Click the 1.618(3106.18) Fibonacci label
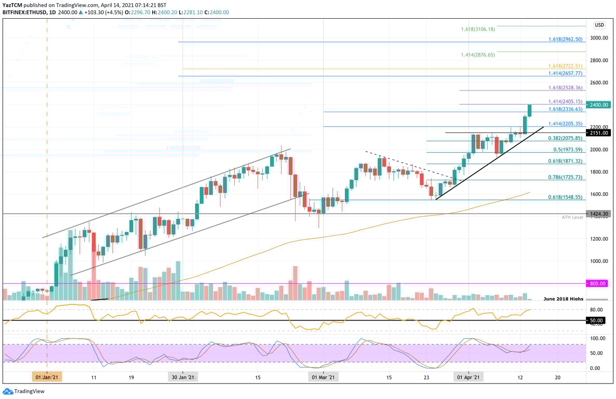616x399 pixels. tap(478, 29)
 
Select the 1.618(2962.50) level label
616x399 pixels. tap(566, 39)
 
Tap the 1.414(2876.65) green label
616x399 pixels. tap(478, 55)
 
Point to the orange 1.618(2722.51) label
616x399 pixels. tap(566, 66)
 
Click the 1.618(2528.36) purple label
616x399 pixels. tap(566, 88)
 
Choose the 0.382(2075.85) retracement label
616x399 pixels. tap(566, 138)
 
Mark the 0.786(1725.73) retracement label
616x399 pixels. tap(566, 178)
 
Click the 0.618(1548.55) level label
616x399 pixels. tap(566, 197)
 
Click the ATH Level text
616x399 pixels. tap(572, 217)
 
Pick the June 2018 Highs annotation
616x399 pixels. tap(563, 299)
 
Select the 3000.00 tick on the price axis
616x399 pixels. tap(598, 38)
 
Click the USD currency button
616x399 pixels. tap(599, 24)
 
